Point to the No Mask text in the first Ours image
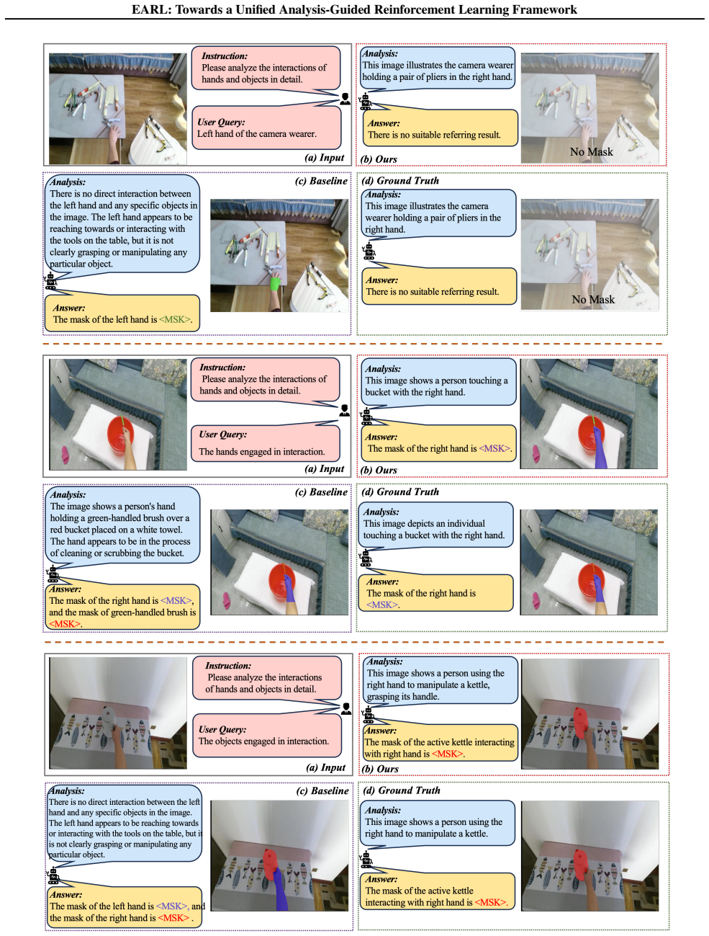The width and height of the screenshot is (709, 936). tap(591, 151)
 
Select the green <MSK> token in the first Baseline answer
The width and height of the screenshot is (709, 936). tap(174, 319)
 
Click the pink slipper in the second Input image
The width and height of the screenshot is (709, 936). tap(66, 454)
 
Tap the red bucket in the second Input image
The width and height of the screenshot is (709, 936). tap(120, 432)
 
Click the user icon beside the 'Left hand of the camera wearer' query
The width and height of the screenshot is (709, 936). tap(345, 99)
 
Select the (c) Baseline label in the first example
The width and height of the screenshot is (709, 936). tap(321, 181)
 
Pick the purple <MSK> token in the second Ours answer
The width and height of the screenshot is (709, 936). tap(495, 448)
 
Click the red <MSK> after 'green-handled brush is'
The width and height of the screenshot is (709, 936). tap(64, 623)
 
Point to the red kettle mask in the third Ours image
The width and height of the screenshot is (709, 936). tap(580, 721)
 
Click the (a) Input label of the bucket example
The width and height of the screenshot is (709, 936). tap(324, 468)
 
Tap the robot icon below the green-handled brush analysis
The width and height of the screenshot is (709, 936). tap(53, 573)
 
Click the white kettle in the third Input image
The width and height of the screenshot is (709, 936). tap(109, 721)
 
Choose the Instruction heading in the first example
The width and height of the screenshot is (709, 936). tap(225, 56)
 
